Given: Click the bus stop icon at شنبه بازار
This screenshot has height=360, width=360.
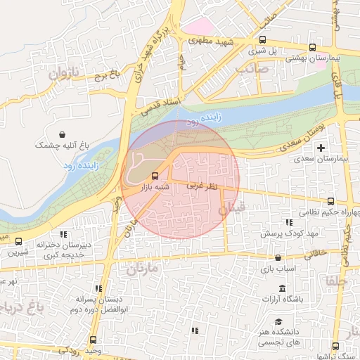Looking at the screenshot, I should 155,176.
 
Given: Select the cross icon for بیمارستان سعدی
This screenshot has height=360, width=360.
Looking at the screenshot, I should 321,148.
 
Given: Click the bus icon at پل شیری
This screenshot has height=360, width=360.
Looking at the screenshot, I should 262,40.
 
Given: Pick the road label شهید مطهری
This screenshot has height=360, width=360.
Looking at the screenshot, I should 212,41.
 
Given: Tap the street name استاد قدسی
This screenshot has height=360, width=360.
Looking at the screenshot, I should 161,105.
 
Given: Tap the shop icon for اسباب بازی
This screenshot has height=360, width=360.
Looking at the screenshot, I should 279,258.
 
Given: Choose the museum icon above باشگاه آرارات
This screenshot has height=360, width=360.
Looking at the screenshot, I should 282,288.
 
